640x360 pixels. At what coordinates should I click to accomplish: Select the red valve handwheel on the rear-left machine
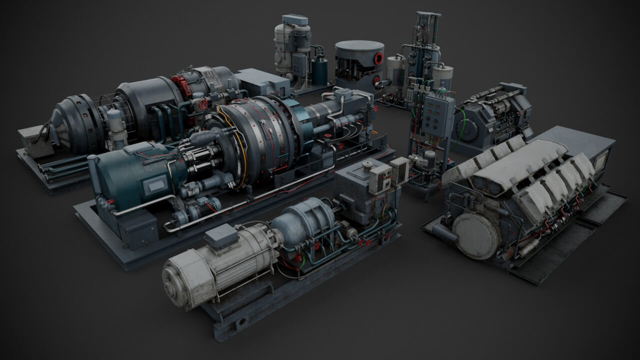coord(202,104)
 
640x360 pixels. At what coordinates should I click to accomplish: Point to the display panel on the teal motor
coord(152,186)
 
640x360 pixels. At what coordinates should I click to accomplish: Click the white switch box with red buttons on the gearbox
coord(380,177)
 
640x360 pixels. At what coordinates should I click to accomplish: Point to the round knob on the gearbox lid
coord(367,164)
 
